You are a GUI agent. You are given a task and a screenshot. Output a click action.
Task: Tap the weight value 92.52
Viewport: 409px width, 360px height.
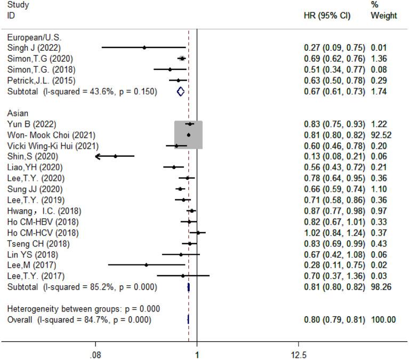[x=383, y=135]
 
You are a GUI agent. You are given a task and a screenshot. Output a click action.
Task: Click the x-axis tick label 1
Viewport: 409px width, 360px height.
[x=197, y=354]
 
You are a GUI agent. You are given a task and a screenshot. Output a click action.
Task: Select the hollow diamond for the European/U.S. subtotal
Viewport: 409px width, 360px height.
[x=180, y=91]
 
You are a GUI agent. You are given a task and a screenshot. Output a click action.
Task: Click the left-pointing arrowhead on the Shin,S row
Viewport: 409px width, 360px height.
[x=97, y=156]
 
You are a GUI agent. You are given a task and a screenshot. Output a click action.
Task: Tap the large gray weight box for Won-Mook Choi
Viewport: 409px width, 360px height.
[x=188, y=135]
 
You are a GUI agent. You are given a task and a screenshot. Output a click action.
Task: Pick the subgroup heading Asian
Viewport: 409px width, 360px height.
[x=17, y=113]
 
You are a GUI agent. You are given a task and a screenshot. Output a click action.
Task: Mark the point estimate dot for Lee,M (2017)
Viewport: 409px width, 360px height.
[x=146, y=265]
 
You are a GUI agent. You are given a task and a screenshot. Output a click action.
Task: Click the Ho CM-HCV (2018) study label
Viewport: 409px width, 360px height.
[x=43, y=233]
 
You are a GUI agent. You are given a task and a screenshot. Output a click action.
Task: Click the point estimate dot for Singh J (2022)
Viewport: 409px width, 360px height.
[x=144, y=47]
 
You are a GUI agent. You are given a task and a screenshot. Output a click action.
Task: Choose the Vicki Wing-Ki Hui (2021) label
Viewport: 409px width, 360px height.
[x=52, y=146]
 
